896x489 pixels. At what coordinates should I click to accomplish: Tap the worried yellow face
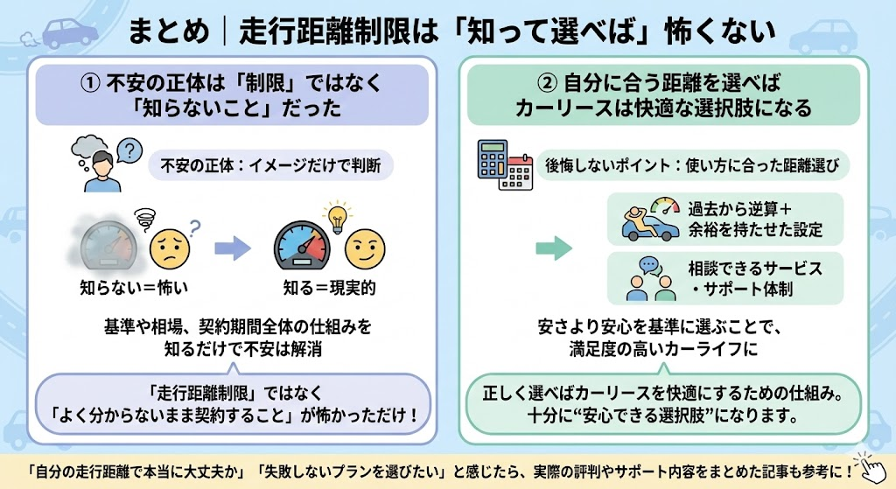pos(171,248)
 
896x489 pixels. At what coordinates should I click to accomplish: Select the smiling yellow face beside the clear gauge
pos(361,248)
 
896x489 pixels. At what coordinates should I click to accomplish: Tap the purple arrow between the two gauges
pos(232,248)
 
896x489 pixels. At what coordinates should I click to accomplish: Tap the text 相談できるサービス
pos(743,269)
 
